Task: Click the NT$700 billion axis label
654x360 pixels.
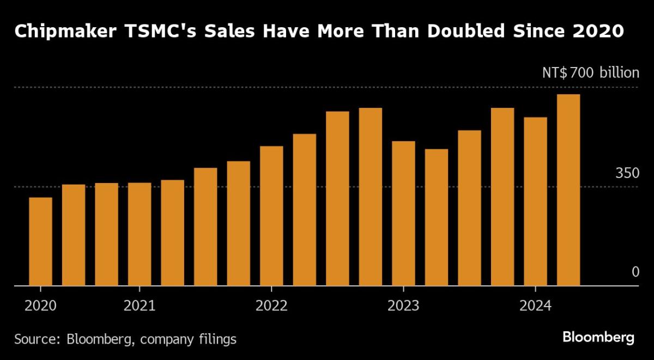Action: point(590,72)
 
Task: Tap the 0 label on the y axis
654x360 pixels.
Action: point(635,271)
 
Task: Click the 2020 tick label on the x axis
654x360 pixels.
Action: point(40,306)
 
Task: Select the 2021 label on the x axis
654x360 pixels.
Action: point(140,306)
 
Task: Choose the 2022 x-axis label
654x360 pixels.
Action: point(271,306)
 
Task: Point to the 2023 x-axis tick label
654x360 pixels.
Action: point(403,306)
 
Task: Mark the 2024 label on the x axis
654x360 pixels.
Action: point(535,306)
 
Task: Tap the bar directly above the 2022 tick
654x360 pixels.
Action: point(271,216)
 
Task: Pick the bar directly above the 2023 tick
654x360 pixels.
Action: point(403,213)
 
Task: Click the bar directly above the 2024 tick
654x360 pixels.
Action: point(535,201)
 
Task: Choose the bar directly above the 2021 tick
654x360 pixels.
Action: point(140,234)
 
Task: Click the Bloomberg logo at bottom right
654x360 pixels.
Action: point(598,338)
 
